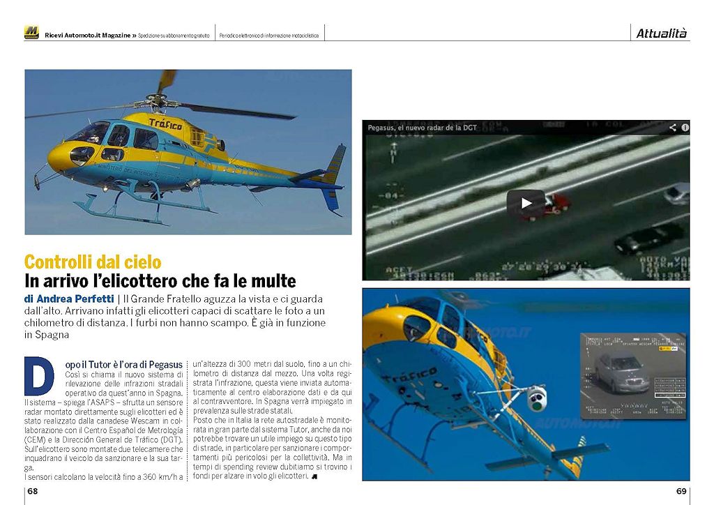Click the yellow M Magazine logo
click(31, 33)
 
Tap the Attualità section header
click(661, 33)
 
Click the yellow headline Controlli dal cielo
click(93, 263)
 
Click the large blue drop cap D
click(38, 377)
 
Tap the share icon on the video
click(673, 128)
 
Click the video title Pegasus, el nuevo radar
click(423, 128)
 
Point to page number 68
click(33, 491)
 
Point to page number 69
click(681, 491)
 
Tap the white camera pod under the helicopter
click(536, 398)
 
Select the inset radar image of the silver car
click(633, 375)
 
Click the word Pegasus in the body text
click(167, 364)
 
